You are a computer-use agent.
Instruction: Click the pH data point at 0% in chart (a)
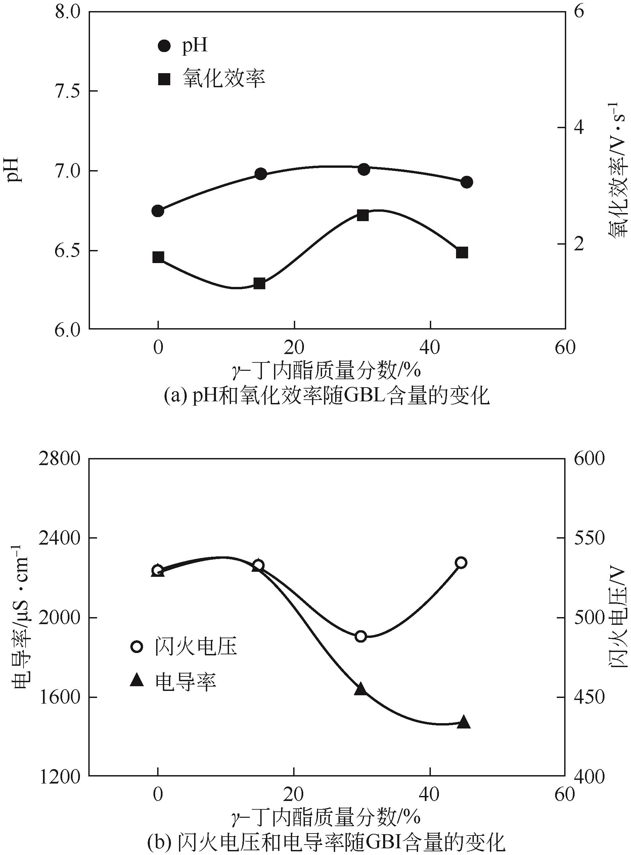coord(158,211)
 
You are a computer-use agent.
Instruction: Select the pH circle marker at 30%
coord(364,169)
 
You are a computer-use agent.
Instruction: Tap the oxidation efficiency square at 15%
coord(260,284)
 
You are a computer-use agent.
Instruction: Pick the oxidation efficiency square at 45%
coord(462,253)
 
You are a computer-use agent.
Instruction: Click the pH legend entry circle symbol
coord(164,46)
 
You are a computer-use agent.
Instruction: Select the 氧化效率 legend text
coord(224,79)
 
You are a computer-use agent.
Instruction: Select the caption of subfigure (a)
coord(326,397)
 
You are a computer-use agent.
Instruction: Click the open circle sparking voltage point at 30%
coord(361,636)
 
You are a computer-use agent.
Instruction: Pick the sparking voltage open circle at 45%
coord(461,563)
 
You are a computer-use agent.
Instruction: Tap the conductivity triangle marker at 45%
coord(464,721)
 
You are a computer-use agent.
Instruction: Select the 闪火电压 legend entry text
coord(196,647)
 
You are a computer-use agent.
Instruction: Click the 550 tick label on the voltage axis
coord(589,538)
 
